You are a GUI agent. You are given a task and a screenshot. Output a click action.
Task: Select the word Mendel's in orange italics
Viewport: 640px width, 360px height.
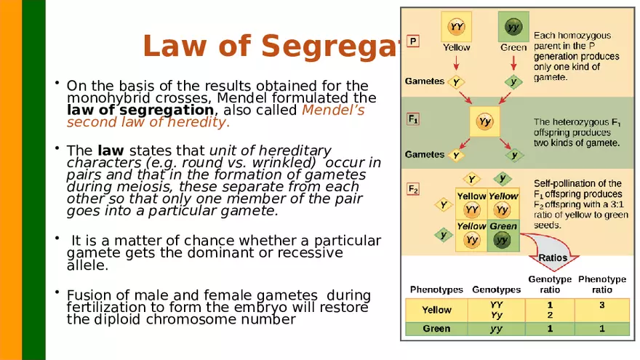(333, 110)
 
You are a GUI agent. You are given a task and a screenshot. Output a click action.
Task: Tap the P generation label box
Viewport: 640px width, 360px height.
(413, 41)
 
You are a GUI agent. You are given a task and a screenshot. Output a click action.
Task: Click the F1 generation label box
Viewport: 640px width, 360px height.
(412, 118)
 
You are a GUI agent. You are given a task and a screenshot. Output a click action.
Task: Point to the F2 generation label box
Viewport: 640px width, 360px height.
(412, 189)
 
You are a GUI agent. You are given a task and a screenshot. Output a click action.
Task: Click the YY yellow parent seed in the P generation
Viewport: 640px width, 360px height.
(457, 28)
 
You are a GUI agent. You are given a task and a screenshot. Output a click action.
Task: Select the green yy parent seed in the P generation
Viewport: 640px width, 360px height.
(513, 28)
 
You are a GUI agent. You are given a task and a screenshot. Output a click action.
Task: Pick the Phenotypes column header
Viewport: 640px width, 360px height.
(436, 289)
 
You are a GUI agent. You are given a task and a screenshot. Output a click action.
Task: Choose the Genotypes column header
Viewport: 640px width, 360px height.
(497, 289)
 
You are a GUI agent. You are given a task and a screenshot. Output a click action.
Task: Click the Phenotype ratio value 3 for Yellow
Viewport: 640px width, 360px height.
(602, 305)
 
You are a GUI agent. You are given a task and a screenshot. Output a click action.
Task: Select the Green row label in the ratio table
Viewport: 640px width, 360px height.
(436, 329)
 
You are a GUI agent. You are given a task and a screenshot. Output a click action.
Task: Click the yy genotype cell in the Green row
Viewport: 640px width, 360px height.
(496, 329)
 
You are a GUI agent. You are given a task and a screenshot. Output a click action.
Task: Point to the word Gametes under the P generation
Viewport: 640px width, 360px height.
(425, 80)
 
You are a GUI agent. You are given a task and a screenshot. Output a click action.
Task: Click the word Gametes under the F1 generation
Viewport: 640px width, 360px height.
(425, 154)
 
